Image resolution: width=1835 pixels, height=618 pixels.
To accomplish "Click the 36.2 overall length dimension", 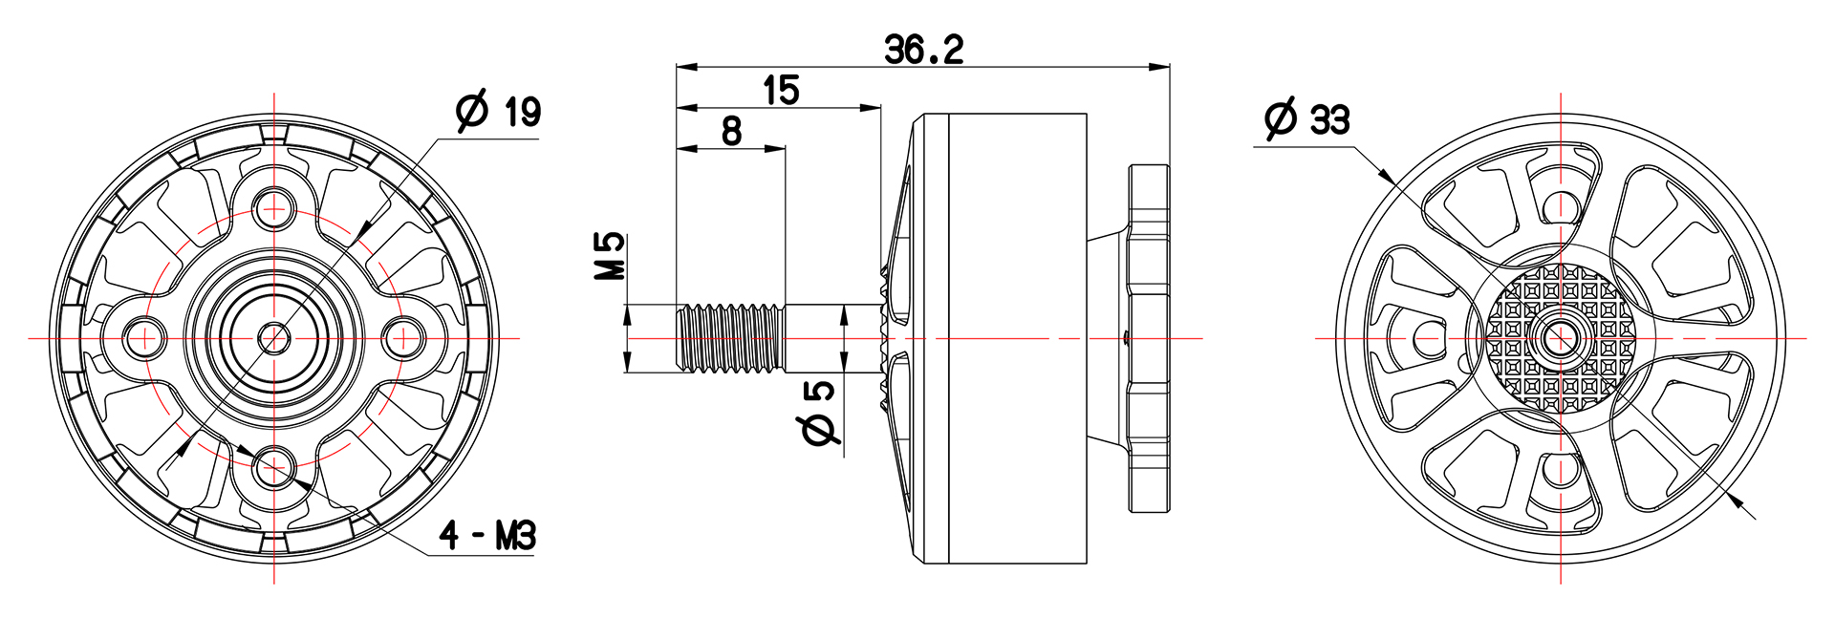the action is tap(923, 49).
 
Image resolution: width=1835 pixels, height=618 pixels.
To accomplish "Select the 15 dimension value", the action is tap(781, 90).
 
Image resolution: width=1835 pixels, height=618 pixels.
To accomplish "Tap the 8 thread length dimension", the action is tap(731, 131).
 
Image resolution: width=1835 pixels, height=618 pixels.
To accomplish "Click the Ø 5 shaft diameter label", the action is tap(820, 413).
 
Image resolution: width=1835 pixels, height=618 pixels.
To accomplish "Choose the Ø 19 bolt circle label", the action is tap(498, 111).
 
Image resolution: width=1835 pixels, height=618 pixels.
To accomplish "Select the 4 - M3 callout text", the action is tap(487, 536).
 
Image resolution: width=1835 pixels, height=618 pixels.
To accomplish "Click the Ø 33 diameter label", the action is tap(1306, 119).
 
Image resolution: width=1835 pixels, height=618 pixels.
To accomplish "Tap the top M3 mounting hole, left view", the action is tap(275, 206).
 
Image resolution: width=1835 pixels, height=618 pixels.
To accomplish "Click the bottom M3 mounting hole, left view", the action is tap(275, 468).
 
